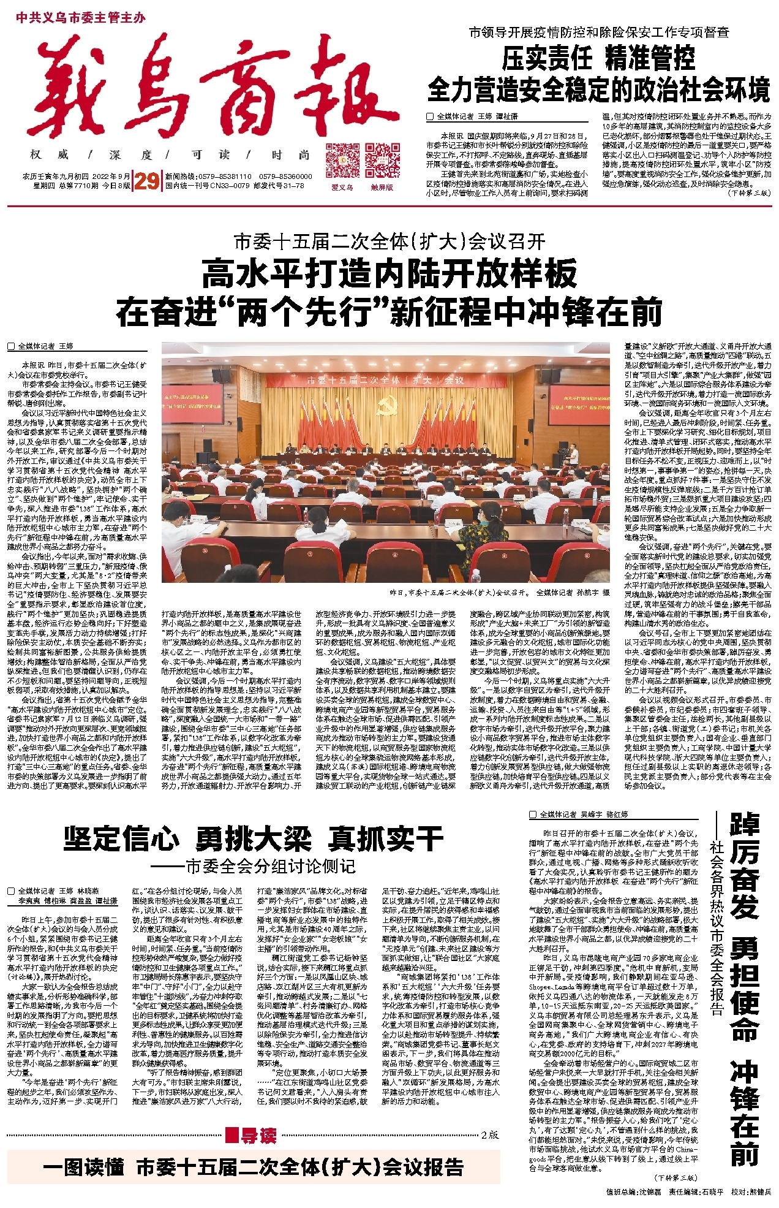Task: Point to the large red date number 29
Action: pyautogui.click(x=146, y=181)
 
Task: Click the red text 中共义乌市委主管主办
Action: pyautogui.click(x=80, y=18)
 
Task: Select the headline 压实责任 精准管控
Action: pyautogui.click(x=598, y=59)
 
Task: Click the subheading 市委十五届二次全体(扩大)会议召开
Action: pyautogui.click(x=389, y=242)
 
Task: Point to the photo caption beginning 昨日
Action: pyautogui.click(x=499, y=593)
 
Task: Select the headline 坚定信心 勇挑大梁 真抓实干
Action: pyautogui.click(x=253, y=838)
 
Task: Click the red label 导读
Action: pyautogui.click(x=252, y=1136)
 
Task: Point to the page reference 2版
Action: pyautogui.click(x=490, y=1134)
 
